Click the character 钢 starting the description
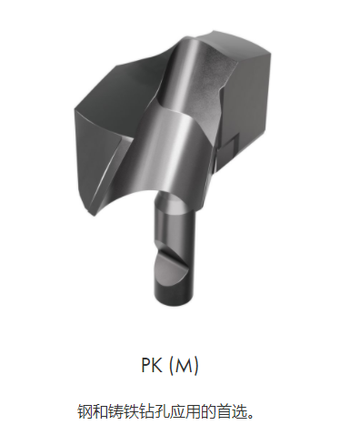click(85, 410)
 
